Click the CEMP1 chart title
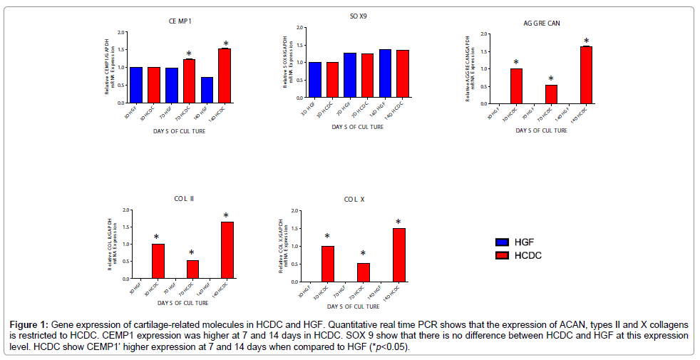coord(179,21)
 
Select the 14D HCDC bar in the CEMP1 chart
coord(225,76)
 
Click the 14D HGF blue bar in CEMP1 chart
coord(207,90)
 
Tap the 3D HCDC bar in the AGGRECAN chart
coord(515,86)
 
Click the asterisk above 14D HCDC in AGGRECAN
coord(586,41)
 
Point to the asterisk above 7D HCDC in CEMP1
coord(189,54)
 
